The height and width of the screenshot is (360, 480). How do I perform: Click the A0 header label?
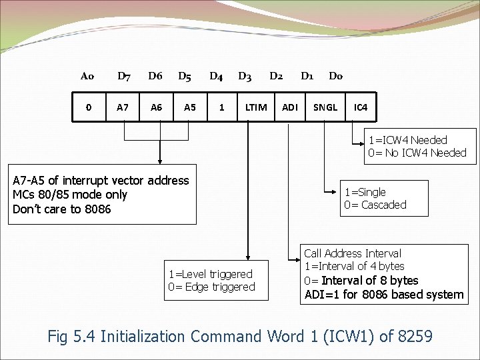pos(87,76)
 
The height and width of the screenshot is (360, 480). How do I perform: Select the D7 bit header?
pos(124,76)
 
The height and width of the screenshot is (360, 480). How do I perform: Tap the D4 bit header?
pos(216,76)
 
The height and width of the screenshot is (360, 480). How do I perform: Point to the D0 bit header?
pos(336,76)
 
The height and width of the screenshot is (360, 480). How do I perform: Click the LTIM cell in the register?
pos(256,107)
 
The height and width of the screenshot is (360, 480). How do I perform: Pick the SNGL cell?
pos(325,107)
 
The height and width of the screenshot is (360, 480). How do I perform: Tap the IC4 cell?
pos(361,107)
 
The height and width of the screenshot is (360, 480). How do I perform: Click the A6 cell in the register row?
pos(156,107)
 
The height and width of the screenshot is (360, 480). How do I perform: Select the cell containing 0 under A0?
pos(89,107)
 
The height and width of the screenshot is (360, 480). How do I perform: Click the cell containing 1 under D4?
pos(222,107)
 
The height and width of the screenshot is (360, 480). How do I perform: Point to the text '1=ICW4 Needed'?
pos(407,140)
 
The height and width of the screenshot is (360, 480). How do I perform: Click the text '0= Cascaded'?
pos(375,205)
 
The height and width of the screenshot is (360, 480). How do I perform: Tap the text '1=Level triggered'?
pos(211,274)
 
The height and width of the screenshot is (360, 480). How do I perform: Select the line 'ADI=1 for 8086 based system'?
pos(383,295)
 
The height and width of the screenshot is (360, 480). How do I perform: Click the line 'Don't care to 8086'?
pos(62,209)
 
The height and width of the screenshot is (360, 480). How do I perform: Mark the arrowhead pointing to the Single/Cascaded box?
pos(338,193)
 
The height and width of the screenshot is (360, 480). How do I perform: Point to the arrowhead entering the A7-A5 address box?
pos(159,162)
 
